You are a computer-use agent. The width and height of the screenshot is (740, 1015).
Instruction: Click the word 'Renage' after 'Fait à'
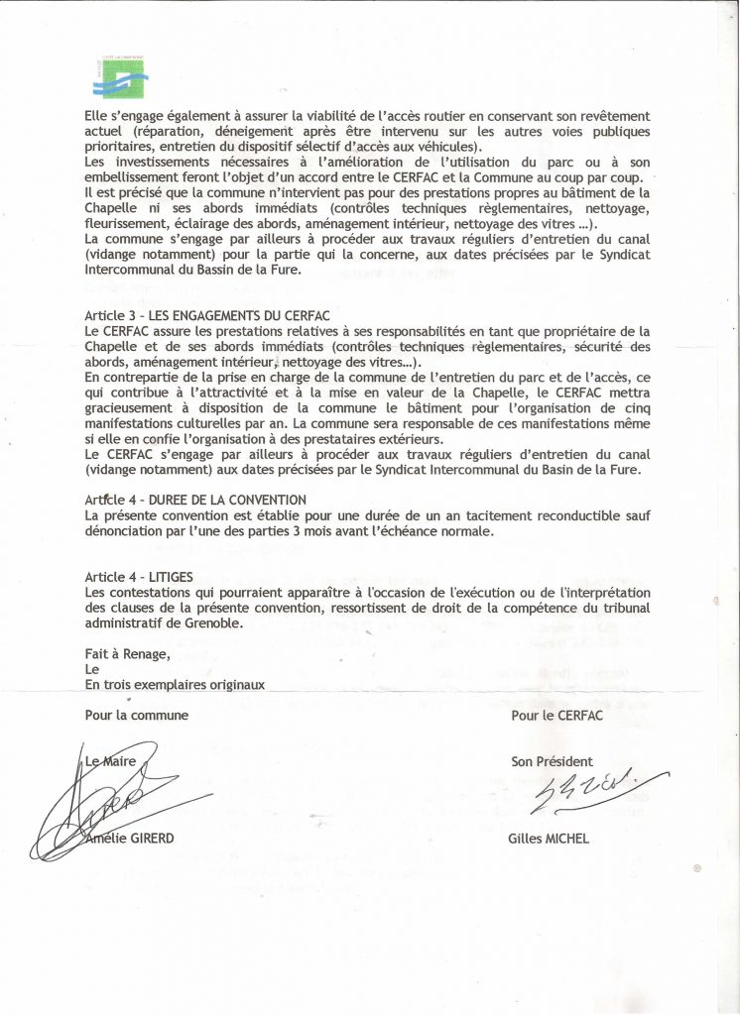coord(147,653)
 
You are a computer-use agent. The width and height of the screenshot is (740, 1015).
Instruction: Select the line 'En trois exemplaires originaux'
coord(175,684)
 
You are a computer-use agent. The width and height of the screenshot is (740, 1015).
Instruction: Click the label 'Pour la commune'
coord(137,715)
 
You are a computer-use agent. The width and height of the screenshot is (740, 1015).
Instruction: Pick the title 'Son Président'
coord(552,761)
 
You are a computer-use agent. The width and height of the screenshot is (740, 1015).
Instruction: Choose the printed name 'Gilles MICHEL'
coord(550,839)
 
